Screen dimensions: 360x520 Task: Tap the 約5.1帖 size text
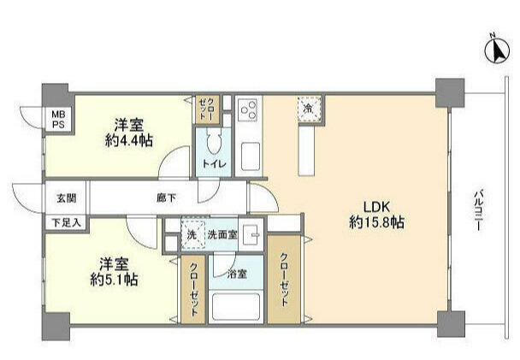112,279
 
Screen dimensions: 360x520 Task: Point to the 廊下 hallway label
166,198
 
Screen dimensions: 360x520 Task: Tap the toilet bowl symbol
213,141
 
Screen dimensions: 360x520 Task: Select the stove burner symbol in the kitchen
250,109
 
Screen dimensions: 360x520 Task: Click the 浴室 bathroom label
236,274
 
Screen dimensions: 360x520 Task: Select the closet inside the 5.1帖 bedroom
192,291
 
